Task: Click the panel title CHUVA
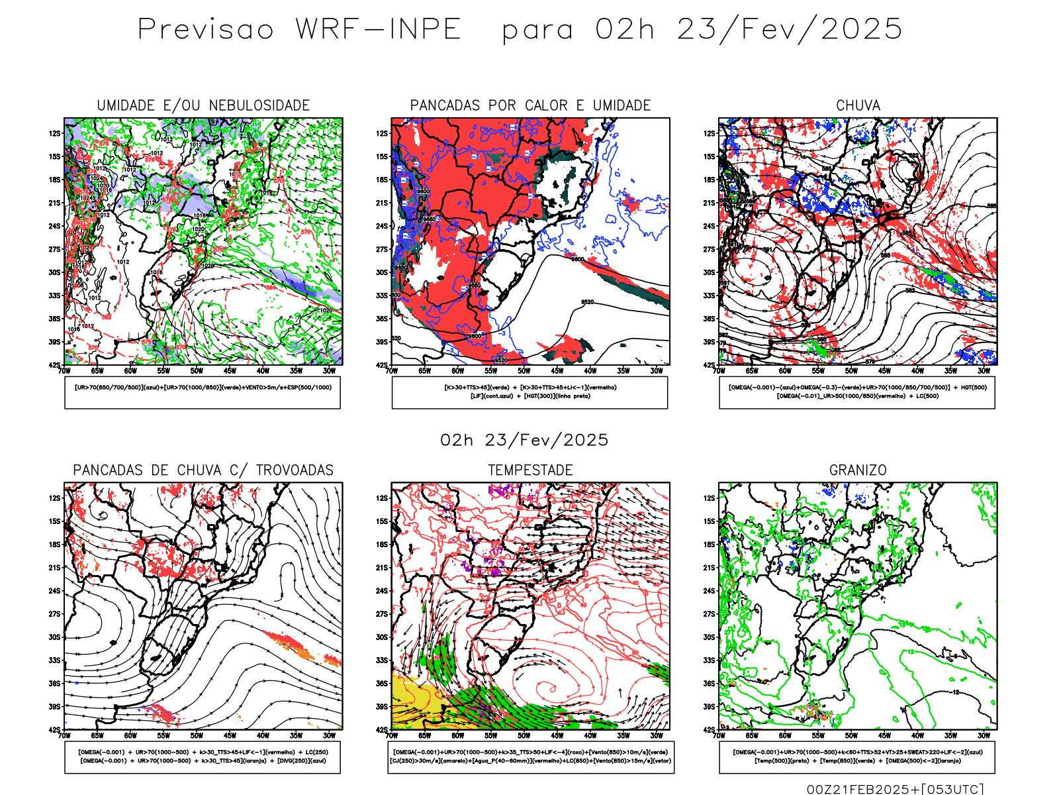pos(858,105)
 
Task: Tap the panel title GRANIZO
pos(858,470)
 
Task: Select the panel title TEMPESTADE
pos(530,470)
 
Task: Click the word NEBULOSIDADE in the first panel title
pos(259,105)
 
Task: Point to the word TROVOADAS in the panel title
pos(295,470)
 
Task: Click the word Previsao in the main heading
pos(206,30)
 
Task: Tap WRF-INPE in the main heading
pos(378,30)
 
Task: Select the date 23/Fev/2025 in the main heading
pos(789,30)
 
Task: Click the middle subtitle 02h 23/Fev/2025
pos(524,440)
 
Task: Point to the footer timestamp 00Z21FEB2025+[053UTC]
pos(895,788)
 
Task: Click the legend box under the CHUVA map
pos(857,392)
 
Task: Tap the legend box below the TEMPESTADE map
pos(531,757)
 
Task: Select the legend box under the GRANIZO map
pos(857,757)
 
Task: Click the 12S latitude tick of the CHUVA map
pos(709,133)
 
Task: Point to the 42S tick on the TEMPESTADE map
pos(382,729)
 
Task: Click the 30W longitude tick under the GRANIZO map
pos(984,735)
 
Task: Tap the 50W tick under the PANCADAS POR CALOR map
pos(524,371)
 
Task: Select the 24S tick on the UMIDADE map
pos(54,226)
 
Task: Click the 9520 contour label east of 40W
pos(587,302)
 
